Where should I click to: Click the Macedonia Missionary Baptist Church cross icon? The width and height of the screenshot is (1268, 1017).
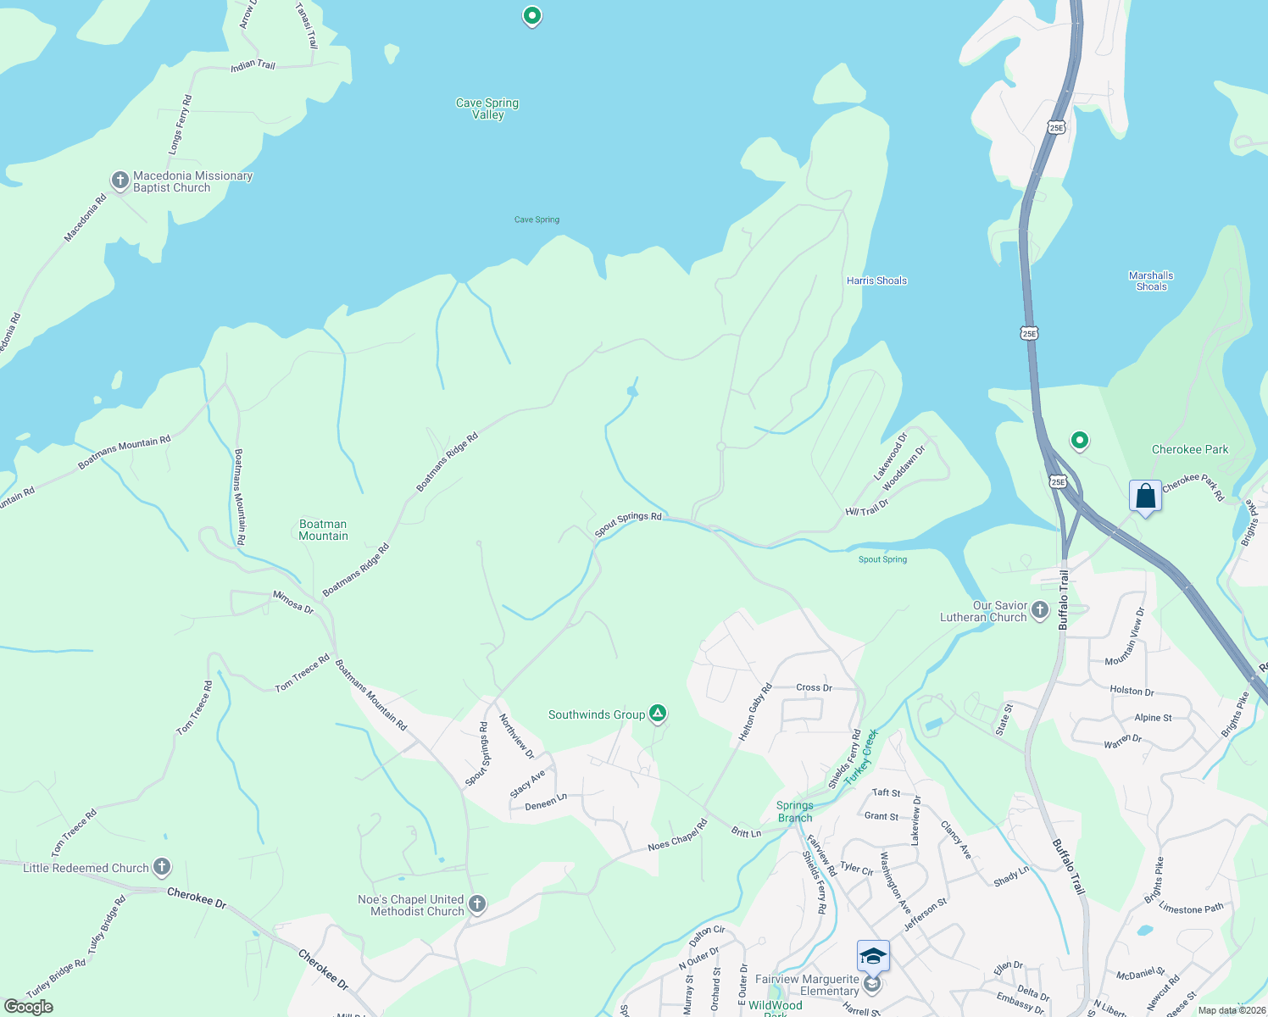(x=120, y=181)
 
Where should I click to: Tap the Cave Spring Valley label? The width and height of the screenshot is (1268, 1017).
(x=487, y=108)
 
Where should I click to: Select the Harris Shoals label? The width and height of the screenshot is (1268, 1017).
(x=876, y=281)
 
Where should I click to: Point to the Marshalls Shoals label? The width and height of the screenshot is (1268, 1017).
(x=1151, y=281)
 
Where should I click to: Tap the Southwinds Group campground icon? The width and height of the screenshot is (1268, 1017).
(x=657, y=714)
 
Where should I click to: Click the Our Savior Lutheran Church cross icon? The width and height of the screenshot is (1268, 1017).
(x=1040, y=609)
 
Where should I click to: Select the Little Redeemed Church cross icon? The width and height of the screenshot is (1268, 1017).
(x=162, y=867)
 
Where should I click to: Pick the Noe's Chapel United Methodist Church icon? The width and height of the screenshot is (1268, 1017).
(x=477, y=904)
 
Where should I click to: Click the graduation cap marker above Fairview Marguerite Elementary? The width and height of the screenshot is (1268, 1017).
(x=873, y=956)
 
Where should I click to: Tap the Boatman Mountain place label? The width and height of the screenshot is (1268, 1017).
(x=323, y=530)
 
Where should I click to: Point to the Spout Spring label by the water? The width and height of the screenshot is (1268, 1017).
(x=882, y=559)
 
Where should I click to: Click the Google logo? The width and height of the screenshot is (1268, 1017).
(x=28, y=1006)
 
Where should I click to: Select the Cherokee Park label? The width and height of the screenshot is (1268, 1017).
(x=1190, y=449)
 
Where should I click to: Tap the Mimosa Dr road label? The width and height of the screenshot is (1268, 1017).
(x=293, y=603)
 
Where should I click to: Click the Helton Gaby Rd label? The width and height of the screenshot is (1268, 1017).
(x=755, y=712)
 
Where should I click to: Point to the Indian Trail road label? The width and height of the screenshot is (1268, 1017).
(x=253, y=64)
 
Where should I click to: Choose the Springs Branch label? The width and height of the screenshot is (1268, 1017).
(x=795, y=811)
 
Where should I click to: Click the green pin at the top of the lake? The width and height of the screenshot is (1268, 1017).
(x=531, y=16)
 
